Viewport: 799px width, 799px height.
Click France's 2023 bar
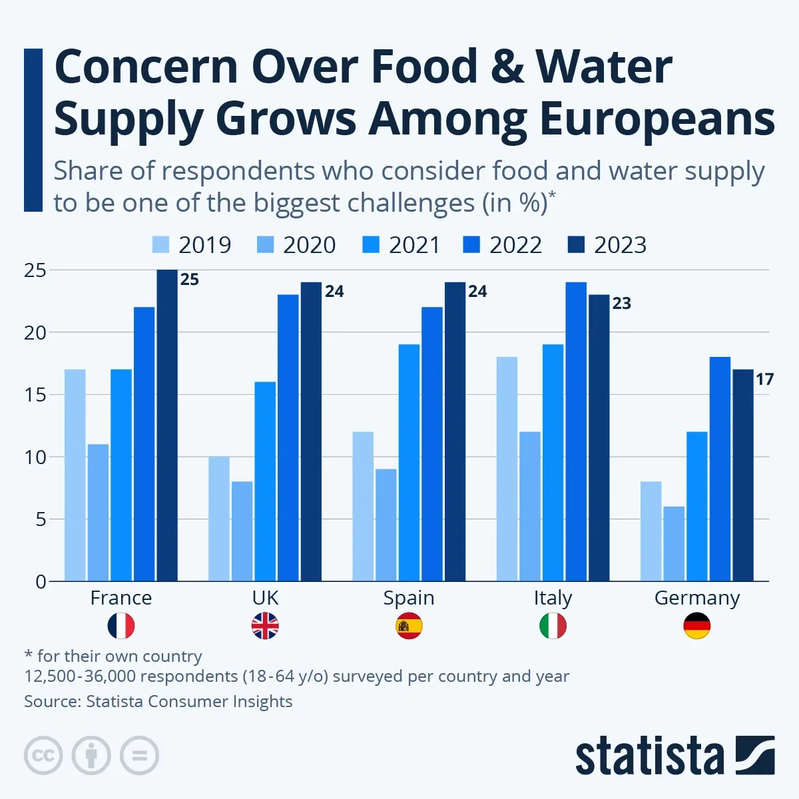[167, 425]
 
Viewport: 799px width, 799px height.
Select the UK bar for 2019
[218, 519]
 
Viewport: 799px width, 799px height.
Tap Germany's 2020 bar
[674, 543]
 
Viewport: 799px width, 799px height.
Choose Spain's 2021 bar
[409, 463]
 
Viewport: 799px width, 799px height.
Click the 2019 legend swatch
[160, 245]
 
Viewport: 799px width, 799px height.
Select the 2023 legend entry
[607, 245]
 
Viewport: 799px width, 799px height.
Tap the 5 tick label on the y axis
[41, 519]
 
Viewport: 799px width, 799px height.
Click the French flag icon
[121, 627]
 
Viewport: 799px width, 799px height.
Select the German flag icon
[696, 627]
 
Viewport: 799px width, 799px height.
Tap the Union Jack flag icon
[265, 627]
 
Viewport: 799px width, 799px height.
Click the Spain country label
[409, 598]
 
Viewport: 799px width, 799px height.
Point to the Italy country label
[553, 598]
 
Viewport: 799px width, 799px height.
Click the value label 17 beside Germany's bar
[764, 380]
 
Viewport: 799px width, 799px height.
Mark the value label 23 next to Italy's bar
[621, 304]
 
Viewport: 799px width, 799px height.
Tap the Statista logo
[674, 756]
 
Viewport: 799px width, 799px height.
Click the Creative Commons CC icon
[43, 756]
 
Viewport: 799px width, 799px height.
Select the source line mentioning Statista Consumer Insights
[158, 702]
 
